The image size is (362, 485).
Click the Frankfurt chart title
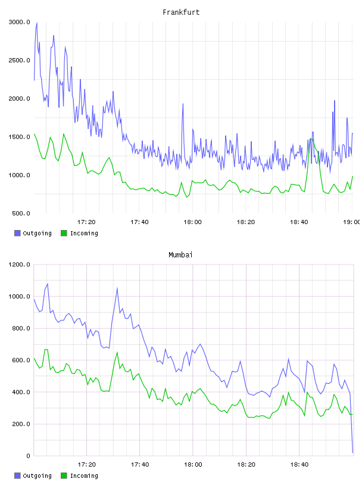[x=181, y=12]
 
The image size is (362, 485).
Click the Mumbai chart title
[x=180, y=255]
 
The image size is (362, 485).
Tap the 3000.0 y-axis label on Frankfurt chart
[x=20, y=22]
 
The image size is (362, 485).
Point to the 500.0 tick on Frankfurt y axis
[x=21, y=213]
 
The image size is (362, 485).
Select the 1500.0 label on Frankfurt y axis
[x=20, y=137]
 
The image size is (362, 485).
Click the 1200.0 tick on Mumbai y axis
[x=20, y=264]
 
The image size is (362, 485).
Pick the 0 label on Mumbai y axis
[x=28, y=456]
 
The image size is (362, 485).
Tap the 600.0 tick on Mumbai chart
[x=21, y=360]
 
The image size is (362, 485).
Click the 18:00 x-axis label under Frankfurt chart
[x=192, y=222]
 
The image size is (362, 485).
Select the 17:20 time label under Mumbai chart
[x=86, y=465]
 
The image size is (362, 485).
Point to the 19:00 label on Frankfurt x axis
[x=351, y=222]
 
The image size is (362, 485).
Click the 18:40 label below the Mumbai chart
[x=299, y=465]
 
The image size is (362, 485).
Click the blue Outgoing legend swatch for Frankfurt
[x=17, y=233]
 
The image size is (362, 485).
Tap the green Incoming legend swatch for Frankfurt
[x=64, y=233]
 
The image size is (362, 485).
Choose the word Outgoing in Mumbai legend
[x=37, y=475]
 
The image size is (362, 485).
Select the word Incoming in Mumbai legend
[x=84, y=475]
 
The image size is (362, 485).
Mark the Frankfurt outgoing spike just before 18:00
[x=183, y=104]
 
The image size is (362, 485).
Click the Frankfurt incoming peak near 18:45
[x=311, y=139]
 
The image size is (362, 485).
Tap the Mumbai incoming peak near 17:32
[x=117, y=352]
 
